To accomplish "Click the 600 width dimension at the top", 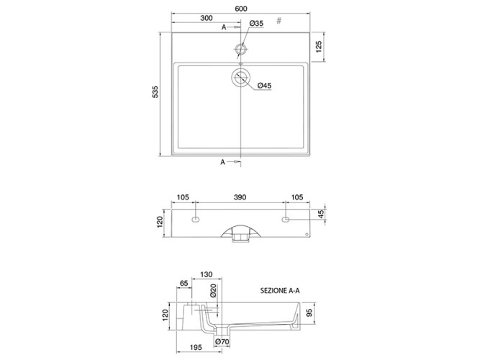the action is tap(241, 9).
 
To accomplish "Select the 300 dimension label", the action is tap(207, 18).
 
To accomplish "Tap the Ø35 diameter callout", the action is tap(256, 23).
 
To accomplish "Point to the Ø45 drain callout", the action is tap(264, 86).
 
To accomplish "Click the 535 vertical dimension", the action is tap(155, 91).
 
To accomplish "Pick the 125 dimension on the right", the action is tap(319, 47).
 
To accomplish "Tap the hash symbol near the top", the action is tap(279, 21).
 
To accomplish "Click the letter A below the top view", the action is tap(223, 162).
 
